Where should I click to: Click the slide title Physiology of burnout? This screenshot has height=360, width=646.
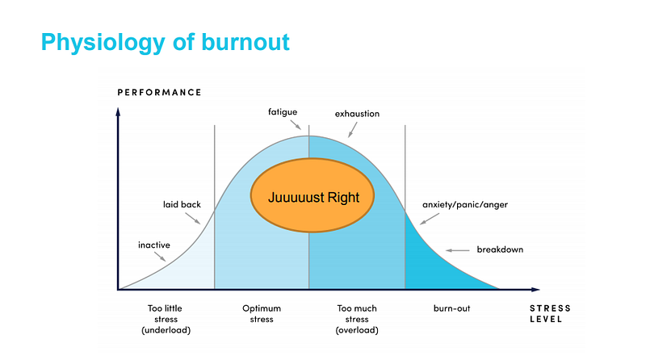point(165,41)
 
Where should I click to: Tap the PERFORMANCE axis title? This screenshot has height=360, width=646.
point(159,92)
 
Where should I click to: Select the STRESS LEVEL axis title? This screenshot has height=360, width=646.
point(549,314)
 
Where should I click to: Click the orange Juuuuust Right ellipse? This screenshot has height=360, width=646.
point(309,196)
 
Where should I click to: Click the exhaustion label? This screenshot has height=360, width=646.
point(357,114)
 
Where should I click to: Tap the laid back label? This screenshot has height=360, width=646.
point(182,204)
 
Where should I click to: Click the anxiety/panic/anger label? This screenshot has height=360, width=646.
point(465,204)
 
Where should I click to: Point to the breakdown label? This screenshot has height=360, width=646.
point(500,249)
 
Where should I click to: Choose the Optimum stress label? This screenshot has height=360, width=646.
point(262,314)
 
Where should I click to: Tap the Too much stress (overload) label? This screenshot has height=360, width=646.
point(356,319)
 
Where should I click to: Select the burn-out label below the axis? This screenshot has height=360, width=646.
point(451,308)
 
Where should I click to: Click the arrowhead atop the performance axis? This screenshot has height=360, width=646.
point(119,111)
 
